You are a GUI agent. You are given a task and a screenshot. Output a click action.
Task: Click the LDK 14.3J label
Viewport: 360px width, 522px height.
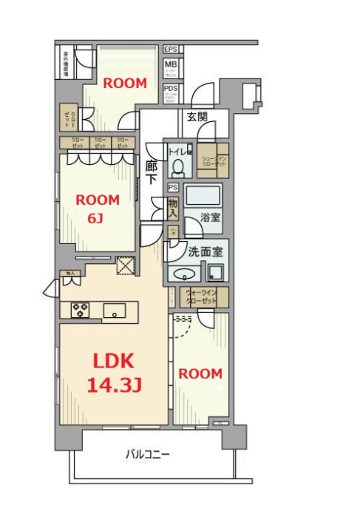pos(112,373)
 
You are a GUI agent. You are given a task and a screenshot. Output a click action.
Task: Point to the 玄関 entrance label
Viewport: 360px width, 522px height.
pos(197,116)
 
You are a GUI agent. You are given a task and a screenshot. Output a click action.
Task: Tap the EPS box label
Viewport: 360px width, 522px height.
pos(171,50)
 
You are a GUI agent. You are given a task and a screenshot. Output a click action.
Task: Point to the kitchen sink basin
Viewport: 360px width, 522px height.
pos(114,310)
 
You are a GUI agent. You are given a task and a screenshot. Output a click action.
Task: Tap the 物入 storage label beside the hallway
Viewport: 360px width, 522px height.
pos(173,208)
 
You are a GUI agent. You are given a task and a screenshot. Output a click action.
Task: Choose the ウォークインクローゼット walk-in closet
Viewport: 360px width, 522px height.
pos(200,296)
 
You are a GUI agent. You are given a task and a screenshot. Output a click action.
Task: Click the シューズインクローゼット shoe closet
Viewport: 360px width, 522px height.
pos(211,160)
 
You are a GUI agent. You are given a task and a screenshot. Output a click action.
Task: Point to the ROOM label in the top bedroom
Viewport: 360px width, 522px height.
pos(124,84)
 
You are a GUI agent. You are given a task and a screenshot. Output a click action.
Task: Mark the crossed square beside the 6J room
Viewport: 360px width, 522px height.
pos(124,265)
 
